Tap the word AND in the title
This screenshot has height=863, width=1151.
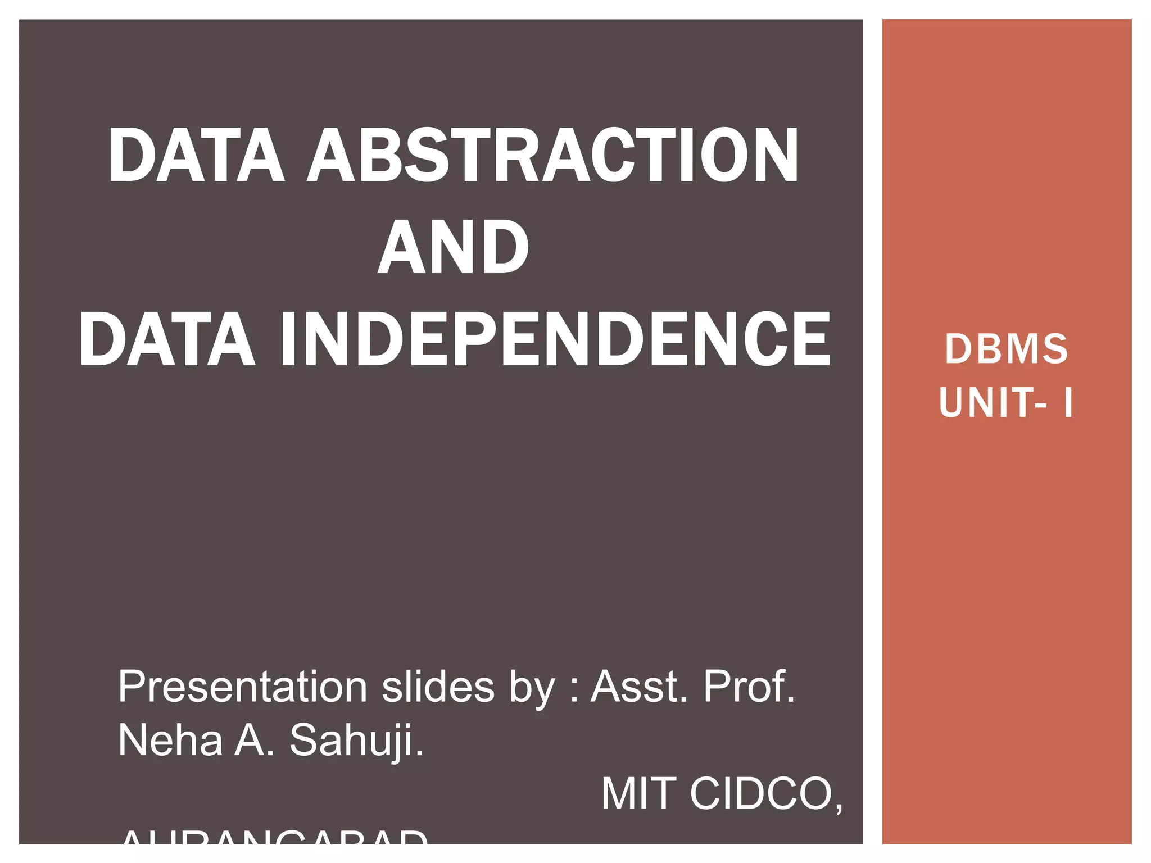[453, 247]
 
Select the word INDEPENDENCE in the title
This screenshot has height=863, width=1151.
[555, 339]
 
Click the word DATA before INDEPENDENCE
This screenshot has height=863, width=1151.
[167, 339]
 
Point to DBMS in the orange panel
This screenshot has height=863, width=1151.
[1006, 349]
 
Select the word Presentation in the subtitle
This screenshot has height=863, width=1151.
[242, 687]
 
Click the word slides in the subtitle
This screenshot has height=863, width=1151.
[438, 687]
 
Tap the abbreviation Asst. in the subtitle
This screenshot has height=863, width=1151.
[639, 687]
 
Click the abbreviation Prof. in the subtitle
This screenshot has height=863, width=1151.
[749, 687]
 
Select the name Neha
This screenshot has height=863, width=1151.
[170, 741]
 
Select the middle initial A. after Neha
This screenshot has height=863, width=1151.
[254, 741]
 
